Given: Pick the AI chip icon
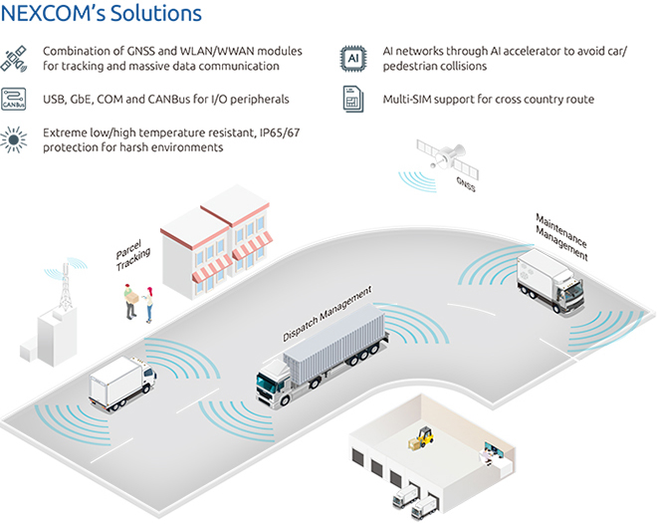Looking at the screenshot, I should [351, 57].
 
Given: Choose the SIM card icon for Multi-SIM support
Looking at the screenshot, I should [351, 99].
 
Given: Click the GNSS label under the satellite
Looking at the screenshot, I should [465, 184].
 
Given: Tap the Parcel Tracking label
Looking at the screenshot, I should [133, 257].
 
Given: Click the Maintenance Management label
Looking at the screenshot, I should [561, 236].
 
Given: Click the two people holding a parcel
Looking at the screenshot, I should [138, 303].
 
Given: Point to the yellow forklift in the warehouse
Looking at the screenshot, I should [424, 436].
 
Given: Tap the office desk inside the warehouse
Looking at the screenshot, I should [494, 454].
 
